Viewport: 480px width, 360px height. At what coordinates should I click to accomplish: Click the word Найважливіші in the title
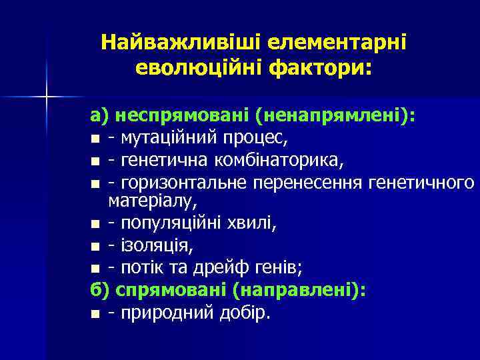181,43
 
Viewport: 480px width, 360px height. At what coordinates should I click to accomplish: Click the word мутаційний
167,138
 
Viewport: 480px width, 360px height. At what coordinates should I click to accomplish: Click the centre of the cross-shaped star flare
46,97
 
